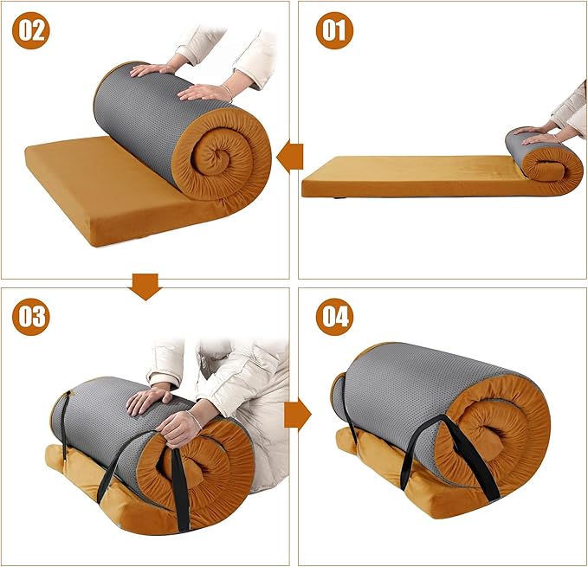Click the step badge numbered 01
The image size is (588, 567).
(x=334, y=30)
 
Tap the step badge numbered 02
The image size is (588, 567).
(x=31, y=30)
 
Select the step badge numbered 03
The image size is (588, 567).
(x=31, y=317)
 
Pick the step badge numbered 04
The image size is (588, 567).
(x=334, y=317)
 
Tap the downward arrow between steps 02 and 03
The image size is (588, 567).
(x=145, y=287)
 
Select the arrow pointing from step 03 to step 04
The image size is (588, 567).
(x=298, y=415)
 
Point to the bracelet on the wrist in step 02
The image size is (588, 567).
(x=227, y=92)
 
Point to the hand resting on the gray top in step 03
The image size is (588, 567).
(x=148, y=401)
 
